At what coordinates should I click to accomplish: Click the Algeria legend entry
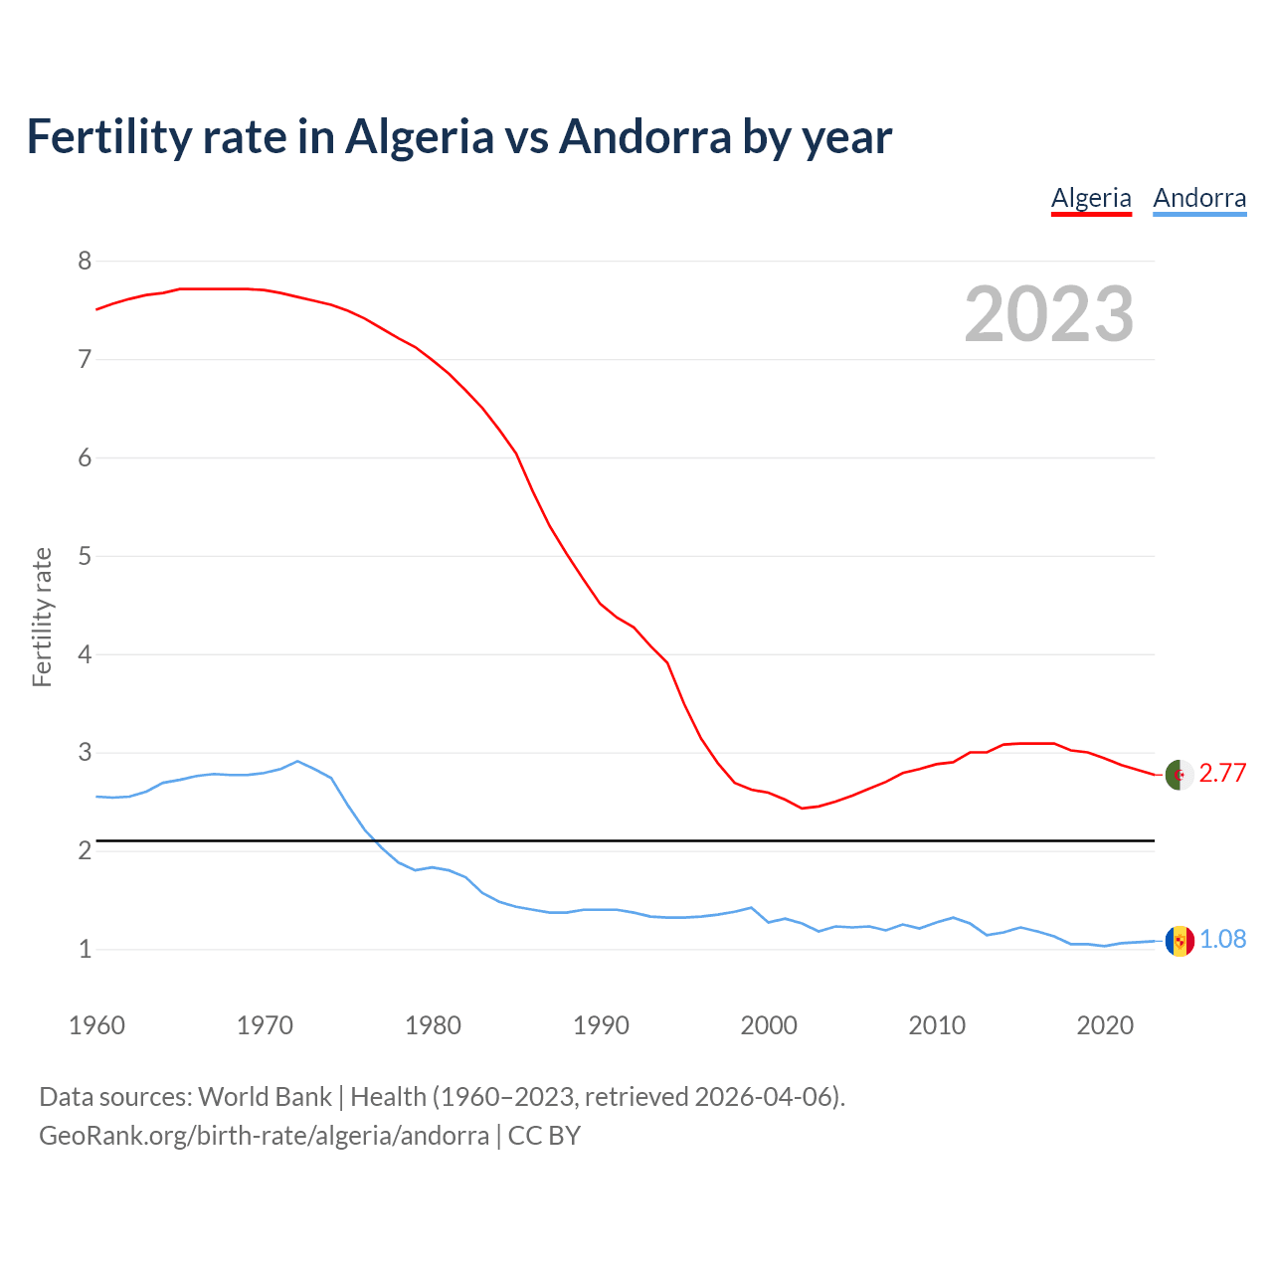coord(1091,198)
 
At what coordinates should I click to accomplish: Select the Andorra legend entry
coord(1199,198)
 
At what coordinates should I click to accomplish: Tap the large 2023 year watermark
coord(1048,314)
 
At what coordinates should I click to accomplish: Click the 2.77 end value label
coord(1222,774)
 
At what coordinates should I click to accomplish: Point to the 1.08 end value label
coord(1222,940)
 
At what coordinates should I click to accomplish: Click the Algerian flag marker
coord(1179,775)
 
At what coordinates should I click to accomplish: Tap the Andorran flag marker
coord(1179,941)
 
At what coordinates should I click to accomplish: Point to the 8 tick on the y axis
coord(85,262)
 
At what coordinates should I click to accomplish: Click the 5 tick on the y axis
coord(85,556)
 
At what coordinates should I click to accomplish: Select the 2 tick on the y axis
coord(85,851)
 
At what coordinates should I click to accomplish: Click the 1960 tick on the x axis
coord(96,1025)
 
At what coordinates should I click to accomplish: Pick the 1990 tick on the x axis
coord(601,1025)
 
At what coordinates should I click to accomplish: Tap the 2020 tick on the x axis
coord(1105,1025)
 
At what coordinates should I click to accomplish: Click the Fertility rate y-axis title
coord(42,617)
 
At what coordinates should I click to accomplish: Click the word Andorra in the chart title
coord(645,136)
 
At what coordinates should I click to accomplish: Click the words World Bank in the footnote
coord(265,1097)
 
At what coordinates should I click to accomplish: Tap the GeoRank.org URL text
coord(264,1136)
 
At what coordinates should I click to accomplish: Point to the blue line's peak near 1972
coord(297,761)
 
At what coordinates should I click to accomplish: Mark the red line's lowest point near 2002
coord(802,809)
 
